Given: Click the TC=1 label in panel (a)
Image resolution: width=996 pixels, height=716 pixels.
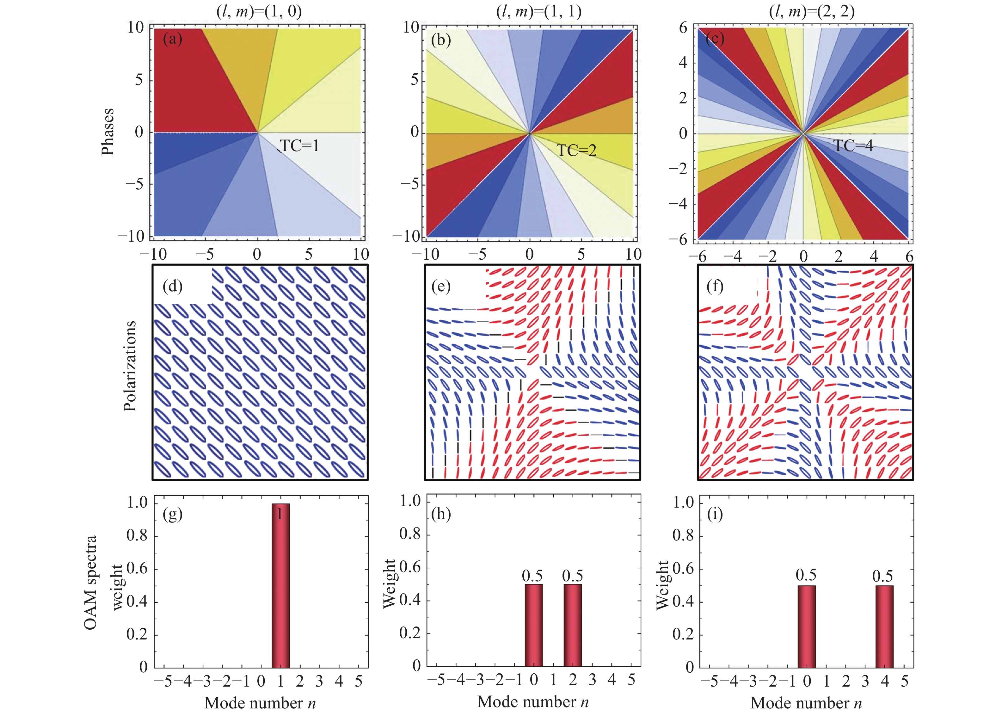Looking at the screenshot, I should (299, 145).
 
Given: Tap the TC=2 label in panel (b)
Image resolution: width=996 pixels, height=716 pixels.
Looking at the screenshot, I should (577, 151).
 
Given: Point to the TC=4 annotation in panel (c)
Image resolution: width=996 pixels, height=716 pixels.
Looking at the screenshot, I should (853, 145).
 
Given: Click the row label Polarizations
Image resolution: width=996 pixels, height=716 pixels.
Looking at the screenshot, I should (130, 366).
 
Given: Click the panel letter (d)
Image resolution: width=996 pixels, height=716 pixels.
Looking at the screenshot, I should (173, 287).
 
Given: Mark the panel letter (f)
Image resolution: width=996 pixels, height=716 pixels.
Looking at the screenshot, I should (715, 287).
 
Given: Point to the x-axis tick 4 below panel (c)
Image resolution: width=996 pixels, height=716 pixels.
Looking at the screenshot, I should (874, 256).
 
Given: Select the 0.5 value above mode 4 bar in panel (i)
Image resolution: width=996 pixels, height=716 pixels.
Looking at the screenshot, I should (883, 576).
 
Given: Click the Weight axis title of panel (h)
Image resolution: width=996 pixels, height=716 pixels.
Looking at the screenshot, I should (390, 584).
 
